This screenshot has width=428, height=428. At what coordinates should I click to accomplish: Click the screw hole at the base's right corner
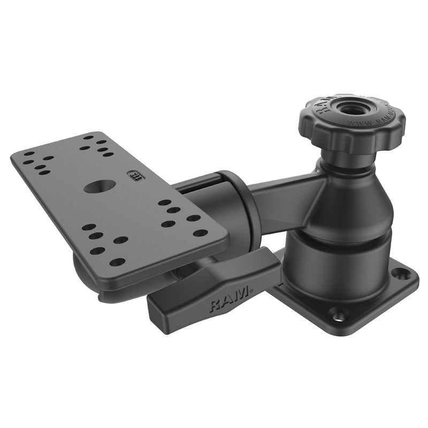tap(397, 274)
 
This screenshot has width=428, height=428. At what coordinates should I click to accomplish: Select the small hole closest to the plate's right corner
tap(200, 233)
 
